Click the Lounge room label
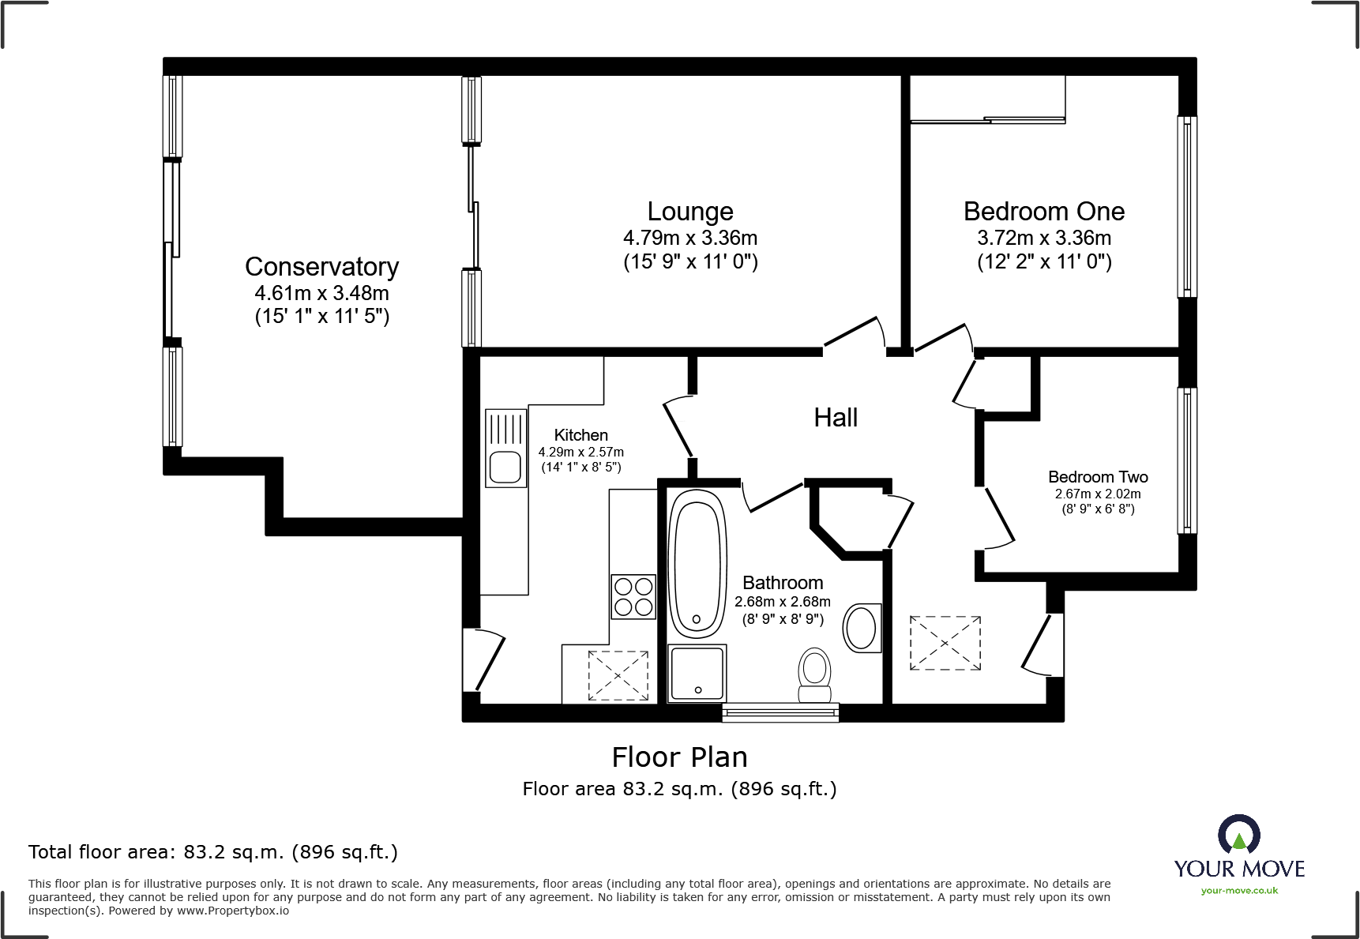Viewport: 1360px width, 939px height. [x=690, y=212]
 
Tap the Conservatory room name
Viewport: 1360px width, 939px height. [x=321, y=267]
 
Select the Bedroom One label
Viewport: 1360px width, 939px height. [x=1044, y=212]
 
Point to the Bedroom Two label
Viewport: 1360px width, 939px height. [x=1098, y=477]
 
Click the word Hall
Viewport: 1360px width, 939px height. [x=836, y=418]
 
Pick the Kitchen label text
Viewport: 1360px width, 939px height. [x=581, y=435]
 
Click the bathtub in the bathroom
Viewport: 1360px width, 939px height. [x=697, y=564]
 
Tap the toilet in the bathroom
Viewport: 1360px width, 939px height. [x=814, y=676]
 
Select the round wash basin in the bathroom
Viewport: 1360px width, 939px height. [x=862, y=628]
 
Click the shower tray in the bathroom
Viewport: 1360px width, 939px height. [x=697, y=673]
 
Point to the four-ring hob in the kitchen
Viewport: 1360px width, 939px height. [x=633, y=596]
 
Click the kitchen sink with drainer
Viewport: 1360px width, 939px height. [x=505, y=448]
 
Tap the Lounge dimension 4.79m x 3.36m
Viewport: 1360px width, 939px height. [x=690, y=238]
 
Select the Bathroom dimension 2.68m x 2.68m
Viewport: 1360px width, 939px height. [x=783, y=602]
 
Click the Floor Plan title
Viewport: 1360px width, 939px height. [x=679, y=757]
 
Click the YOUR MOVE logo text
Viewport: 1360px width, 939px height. [x=1239, y=869]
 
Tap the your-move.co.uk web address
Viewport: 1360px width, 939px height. [x=1239, y=891]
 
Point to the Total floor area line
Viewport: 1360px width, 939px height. [x=213, y=852]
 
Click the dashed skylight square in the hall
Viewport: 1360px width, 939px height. [x=945, y=644]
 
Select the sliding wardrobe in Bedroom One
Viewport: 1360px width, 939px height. [x=988, y=100]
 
